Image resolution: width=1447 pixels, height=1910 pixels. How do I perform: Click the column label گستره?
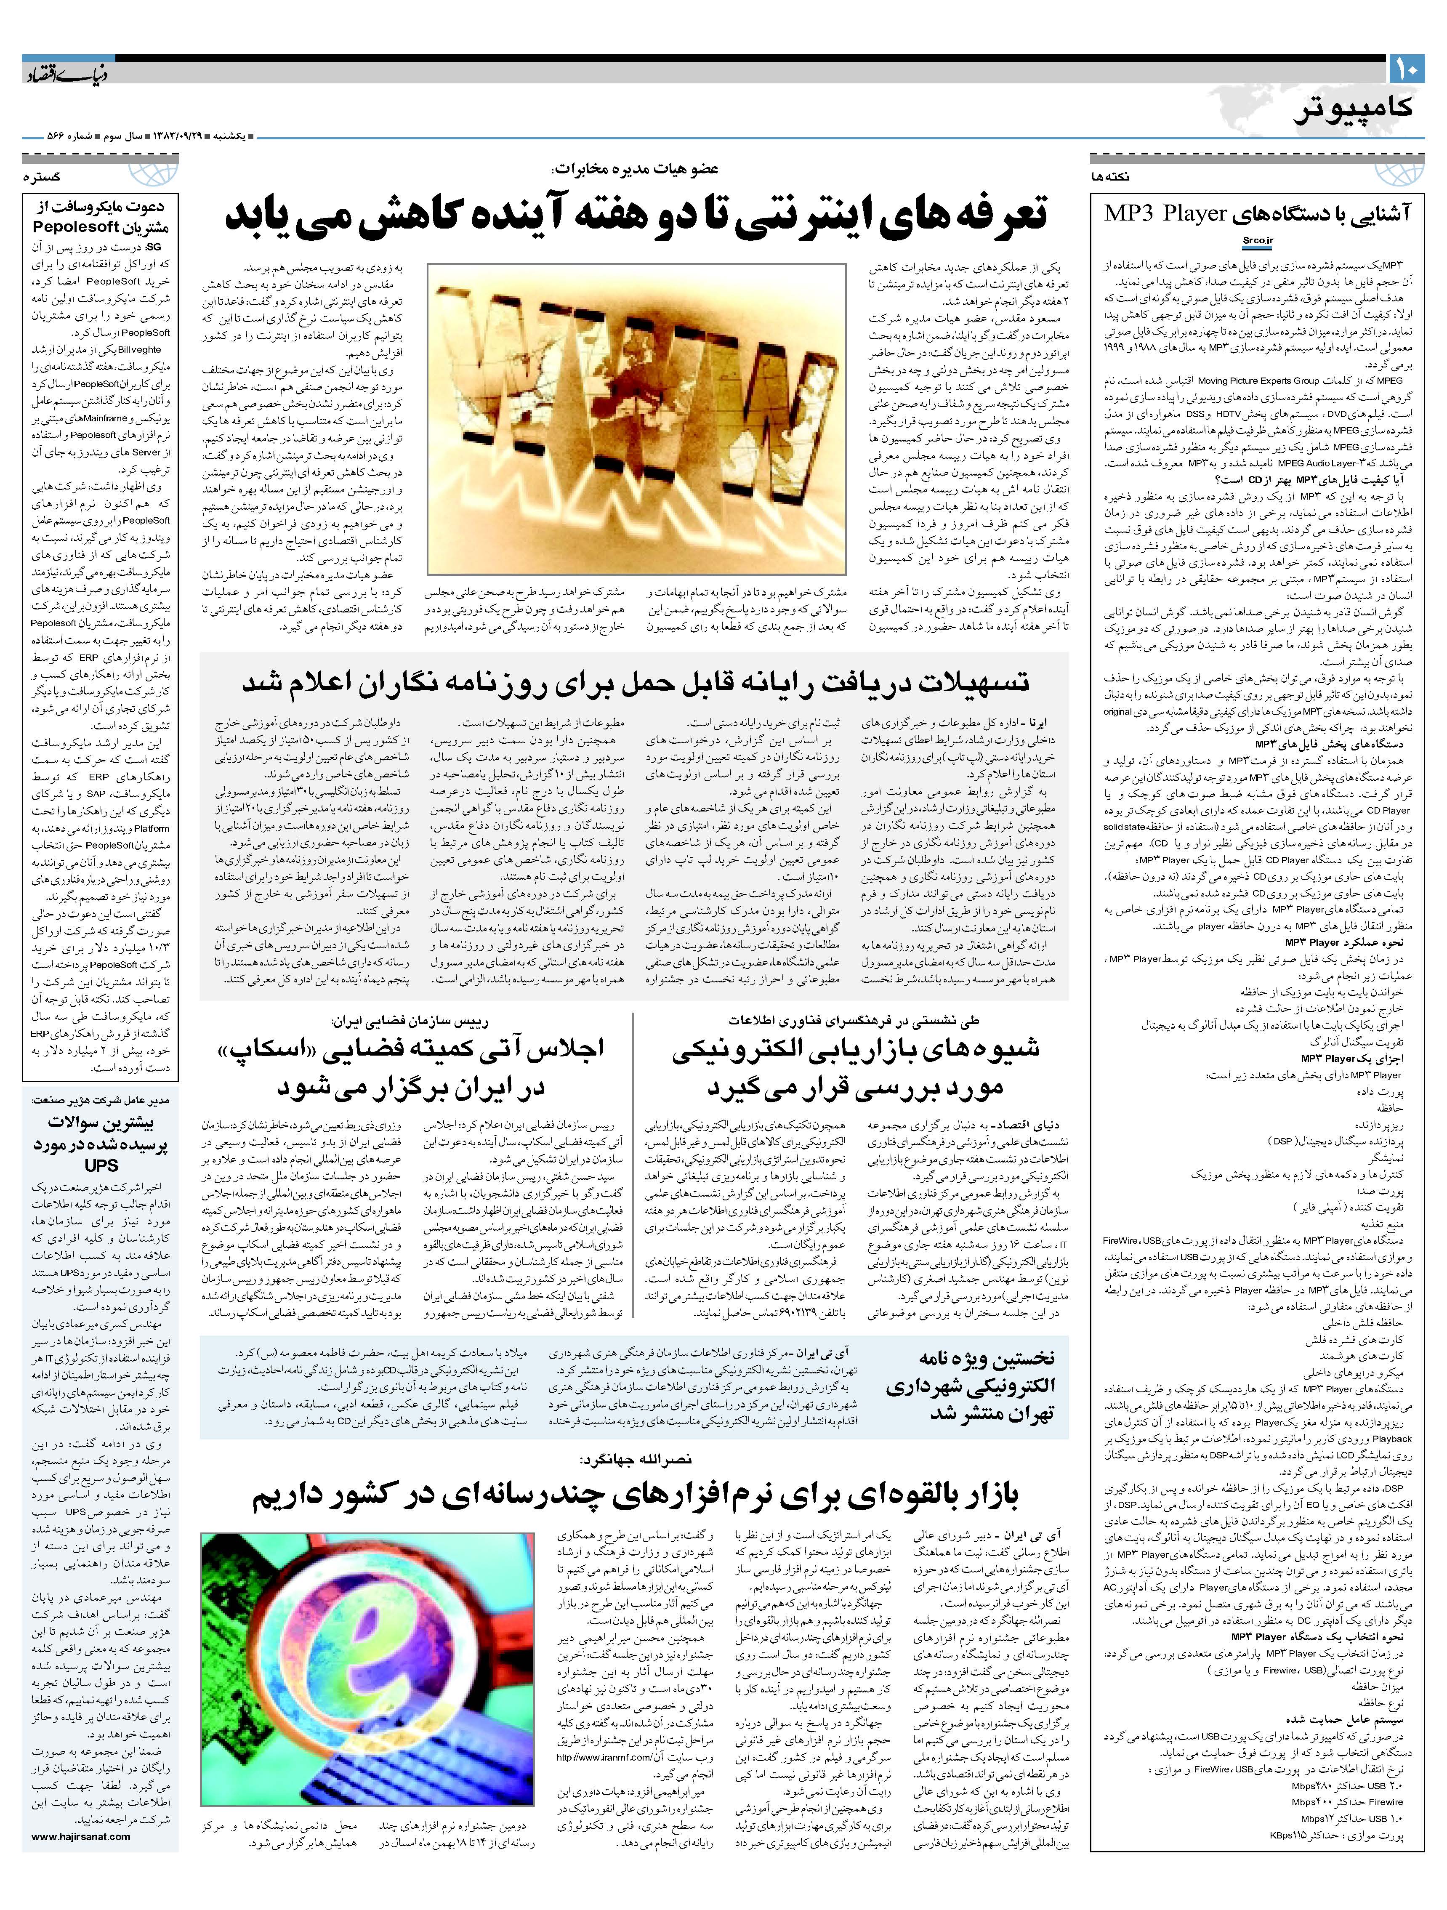point(41,176)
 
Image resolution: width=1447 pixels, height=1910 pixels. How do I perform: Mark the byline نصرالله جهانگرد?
point(636,1459)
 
